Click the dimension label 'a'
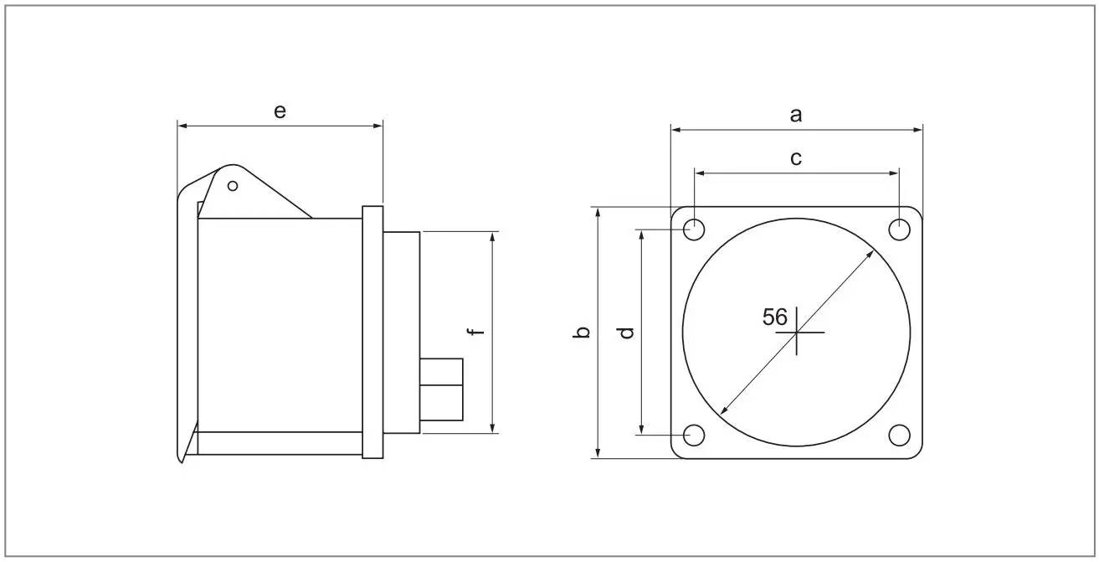click(x=796, y=116)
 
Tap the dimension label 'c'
click(x=796, y=158)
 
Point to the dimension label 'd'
click(x=626, y=333)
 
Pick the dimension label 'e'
click(x=280, y=111)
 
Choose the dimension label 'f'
click(x=476, y=333)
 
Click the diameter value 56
click(x=775, y=317)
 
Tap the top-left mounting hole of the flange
click(x=694, y=229)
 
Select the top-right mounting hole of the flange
click(x=899, y=229)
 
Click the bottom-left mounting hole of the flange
click(x=694, y=435)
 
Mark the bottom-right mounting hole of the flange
click(x=899, y=435)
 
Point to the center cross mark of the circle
click(x=797, y=333)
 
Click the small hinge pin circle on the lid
click(x=233, y=185)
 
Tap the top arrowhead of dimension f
click(x=494, y=236)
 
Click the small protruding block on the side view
click(x=441, y=389)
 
